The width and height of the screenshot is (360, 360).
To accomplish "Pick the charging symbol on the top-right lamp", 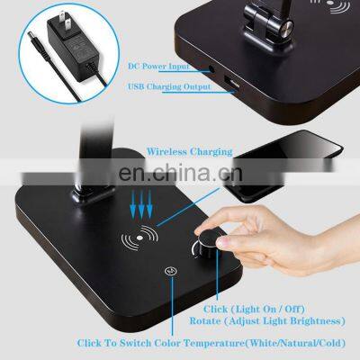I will click(311, 12).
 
